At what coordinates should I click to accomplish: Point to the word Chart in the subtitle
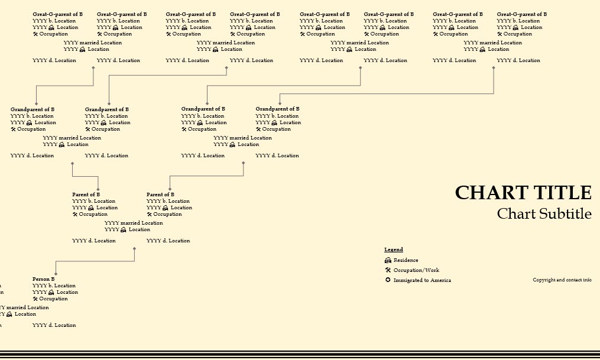point(516,213)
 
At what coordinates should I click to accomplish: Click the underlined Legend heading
point(394,250)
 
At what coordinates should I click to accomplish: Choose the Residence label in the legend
point(406,260)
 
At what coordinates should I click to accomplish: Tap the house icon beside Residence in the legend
point(388,260)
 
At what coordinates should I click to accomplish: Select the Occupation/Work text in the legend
point(417,270)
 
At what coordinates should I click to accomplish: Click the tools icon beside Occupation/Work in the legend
point(388,270)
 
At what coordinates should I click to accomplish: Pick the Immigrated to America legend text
point(422,280)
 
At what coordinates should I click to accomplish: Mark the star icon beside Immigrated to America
point(388,280)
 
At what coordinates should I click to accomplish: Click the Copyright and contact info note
point(562,280)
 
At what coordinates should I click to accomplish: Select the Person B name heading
point(44,279)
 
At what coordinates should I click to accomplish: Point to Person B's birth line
point(54,286)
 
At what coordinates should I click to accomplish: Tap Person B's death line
point(54,325)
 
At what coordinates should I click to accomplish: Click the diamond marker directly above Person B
point(56,274)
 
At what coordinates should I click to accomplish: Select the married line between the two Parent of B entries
point(134,223)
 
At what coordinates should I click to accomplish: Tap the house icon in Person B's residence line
point(51,292)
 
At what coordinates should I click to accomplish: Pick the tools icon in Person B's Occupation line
point(35,299)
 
